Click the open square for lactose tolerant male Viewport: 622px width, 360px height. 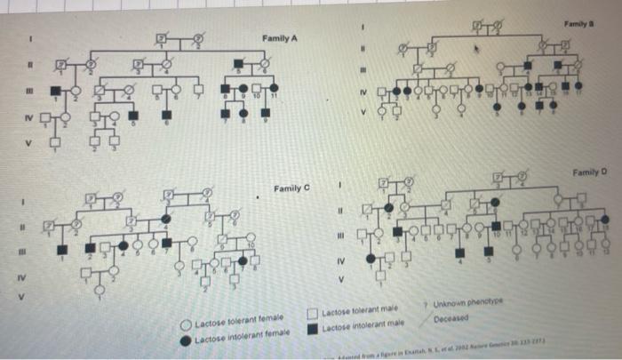(x=313, y=313)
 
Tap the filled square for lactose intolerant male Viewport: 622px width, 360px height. (x=313, y=326)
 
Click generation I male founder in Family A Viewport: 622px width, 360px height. (x=163, y=38)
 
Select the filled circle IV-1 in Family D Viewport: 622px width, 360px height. (x=370, y=257)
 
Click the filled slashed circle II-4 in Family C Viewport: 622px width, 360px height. (x=165, y=218)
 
